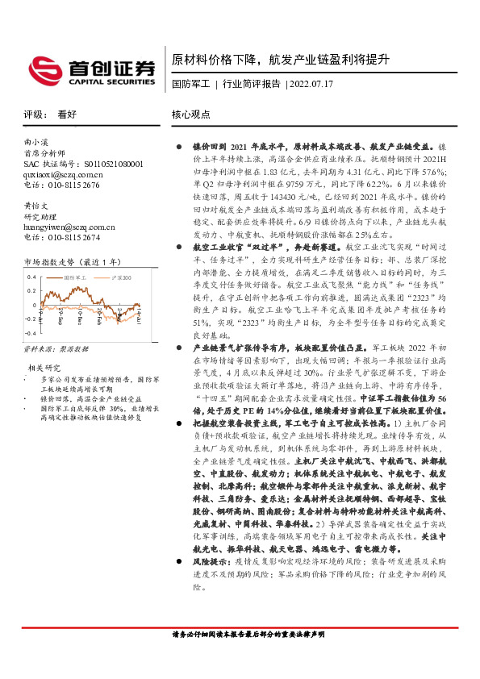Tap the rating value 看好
pos(68,115)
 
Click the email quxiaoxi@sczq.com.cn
pos(63,173)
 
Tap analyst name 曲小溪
pos(37,141)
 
